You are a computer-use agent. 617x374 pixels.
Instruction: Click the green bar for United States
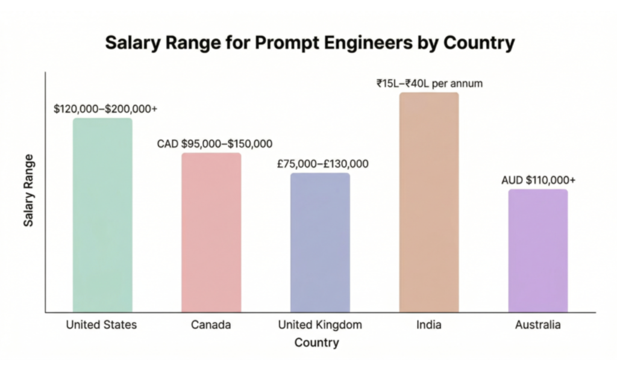click(102, 215)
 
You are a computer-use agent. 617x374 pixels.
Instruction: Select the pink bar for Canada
click(211, 232)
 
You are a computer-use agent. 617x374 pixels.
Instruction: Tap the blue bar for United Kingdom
click(320, 243)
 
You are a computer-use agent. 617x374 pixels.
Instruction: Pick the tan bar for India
click(429, 202)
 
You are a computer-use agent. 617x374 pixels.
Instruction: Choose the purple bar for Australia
click(538, 251)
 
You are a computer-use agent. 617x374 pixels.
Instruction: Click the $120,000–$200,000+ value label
click(105, 109)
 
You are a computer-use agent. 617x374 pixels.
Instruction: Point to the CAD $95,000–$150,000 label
click(215, 144)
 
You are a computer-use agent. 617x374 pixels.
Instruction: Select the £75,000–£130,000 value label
click(323, 164)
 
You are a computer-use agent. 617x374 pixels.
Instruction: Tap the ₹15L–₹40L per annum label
click(429, 84)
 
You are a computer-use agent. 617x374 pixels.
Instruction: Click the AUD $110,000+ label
click(538, 180)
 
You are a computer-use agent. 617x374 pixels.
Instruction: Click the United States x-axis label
click(101, 325)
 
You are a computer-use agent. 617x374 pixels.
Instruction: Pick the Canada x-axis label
click(211, 325)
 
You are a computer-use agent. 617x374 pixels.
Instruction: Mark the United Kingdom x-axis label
click(320, 325)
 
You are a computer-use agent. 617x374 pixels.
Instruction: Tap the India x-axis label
click(428, 325)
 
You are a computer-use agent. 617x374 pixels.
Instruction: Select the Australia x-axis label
click(538, 325)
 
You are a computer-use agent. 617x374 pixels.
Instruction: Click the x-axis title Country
click(316, 343)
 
